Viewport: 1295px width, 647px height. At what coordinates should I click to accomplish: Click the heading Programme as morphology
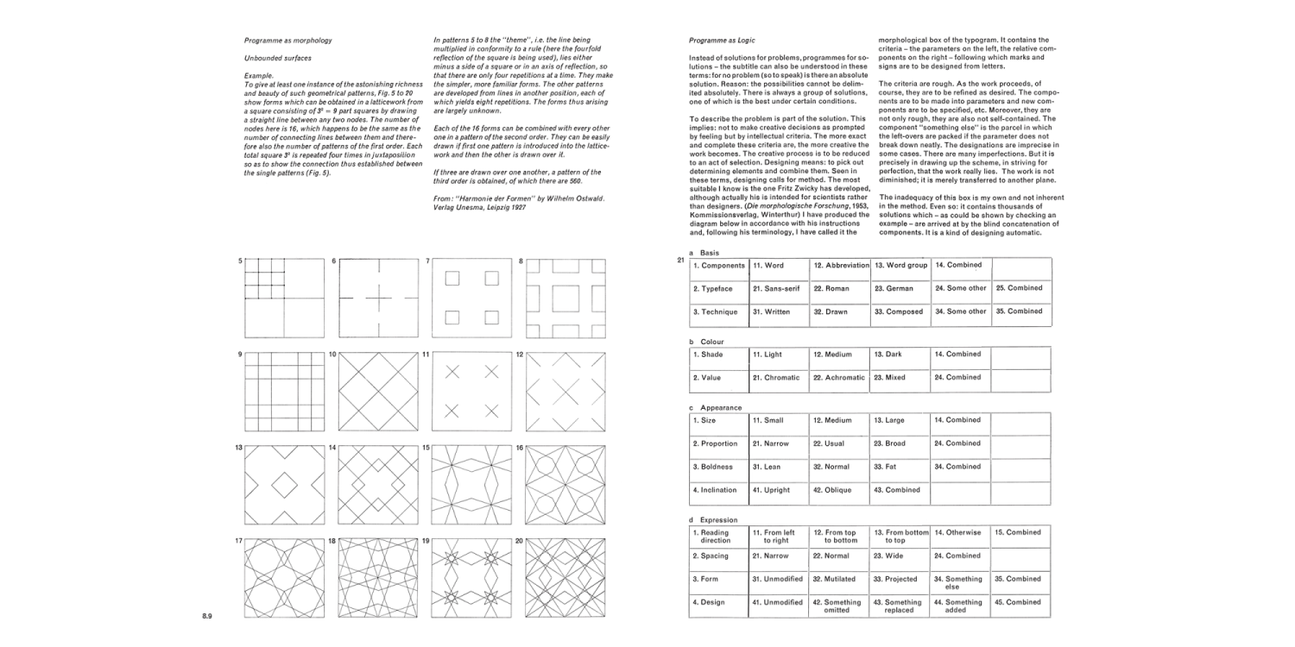point(288,41)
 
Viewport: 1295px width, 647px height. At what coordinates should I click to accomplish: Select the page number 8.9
point(207,616)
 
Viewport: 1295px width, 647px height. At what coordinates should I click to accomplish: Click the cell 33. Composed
point(900,311)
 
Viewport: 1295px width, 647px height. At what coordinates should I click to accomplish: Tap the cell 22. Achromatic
point(838,378)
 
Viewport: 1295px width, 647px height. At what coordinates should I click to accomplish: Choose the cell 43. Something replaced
point(900,606)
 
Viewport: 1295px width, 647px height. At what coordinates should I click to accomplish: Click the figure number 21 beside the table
point(680,261)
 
